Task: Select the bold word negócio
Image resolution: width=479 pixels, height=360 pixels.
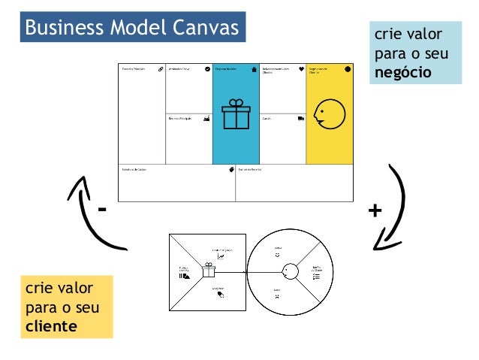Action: [x=405, y=73]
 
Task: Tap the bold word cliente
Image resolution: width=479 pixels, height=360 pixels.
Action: [x=51, y=326]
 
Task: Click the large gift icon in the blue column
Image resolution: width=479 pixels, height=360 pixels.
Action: [x=236, y=115]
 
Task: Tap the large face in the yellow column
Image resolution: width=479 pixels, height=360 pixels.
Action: [x=328, y=113]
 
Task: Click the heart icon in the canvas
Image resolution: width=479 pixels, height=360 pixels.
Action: [x=301, y=68]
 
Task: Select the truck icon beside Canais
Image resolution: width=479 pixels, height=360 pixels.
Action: [x=300, y=118]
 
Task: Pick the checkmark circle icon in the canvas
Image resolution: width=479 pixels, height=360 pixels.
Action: [x=207, y=68]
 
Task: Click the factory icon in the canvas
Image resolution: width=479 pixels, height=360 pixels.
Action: [x=206, y=118]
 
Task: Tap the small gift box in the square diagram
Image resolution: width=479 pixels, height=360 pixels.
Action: [x=208, y=270]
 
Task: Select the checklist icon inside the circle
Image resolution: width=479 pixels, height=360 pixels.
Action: [x=316, y=277]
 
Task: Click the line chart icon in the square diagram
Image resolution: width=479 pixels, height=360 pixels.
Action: [x=221, y=257]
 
